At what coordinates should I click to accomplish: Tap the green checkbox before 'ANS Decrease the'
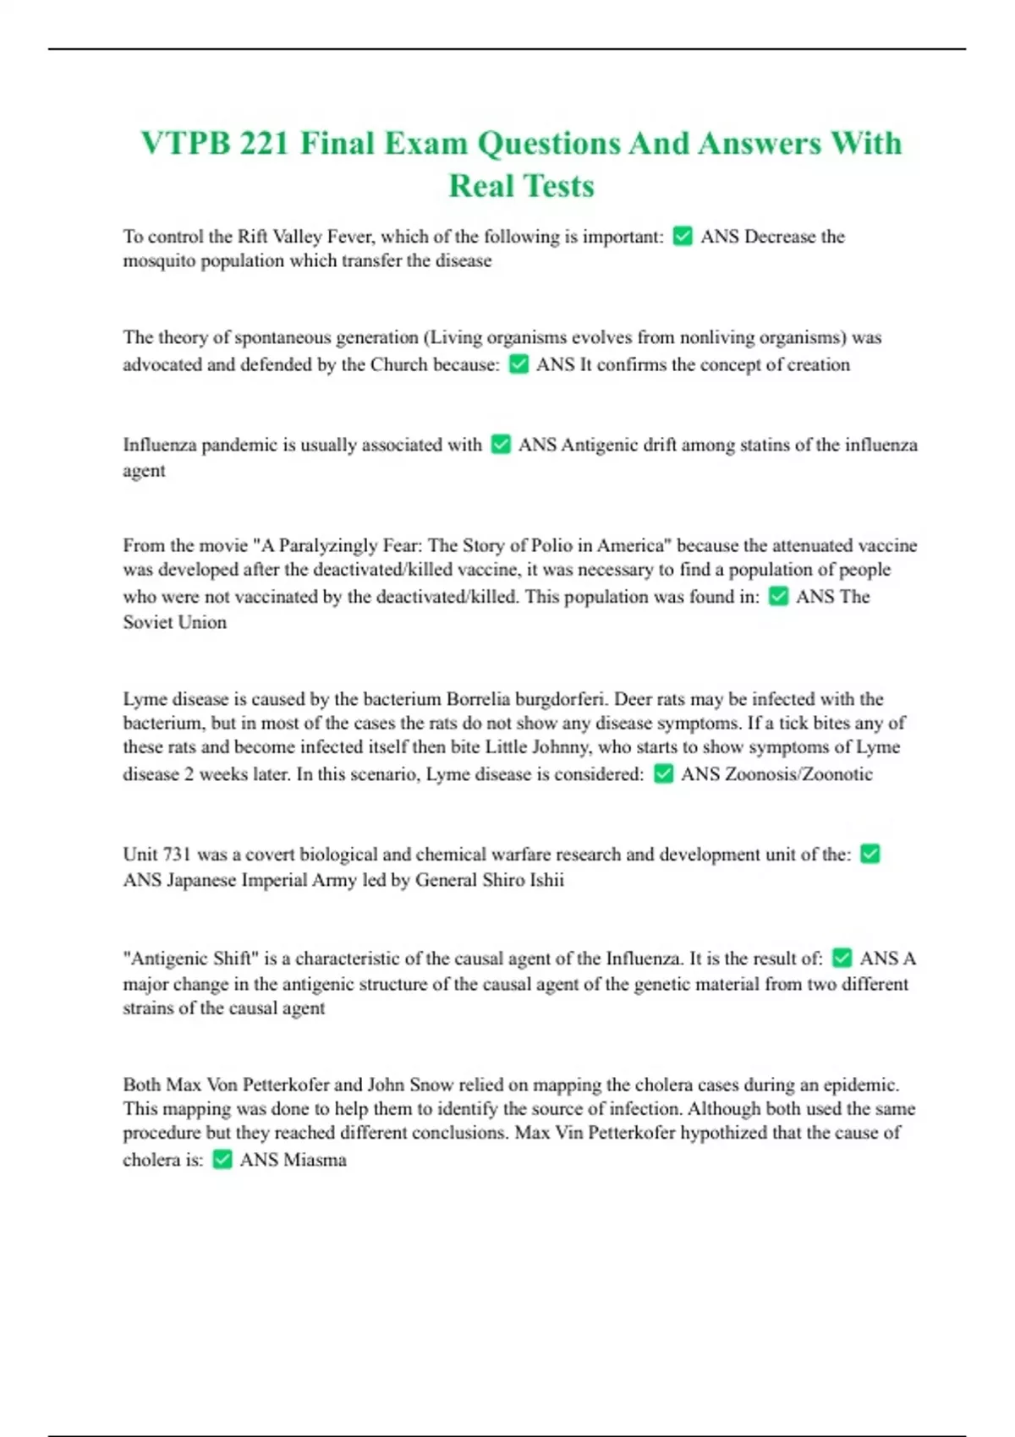coord(683,237)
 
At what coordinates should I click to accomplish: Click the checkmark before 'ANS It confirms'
coord(518,364)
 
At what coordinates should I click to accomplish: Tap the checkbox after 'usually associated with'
coord(501,445)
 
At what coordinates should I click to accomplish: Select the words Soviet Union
coord(175,622)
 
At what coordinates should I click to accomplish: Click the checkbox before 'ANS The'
coord(778,597)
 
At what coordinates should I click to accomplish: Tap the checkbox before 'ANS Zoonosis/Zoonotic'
coord(664,774)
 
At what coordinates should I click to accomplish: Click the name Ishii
coord(546,880)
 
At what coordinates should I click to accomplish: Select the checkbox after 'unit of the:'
coord(870,854)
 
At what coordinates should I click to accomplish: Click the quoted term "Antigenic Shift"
coord(189,958)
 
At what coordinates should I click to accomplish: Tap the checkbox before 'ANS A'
coord(842,958)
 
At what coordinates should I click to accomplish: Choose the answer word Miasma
coord(315,1160)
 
